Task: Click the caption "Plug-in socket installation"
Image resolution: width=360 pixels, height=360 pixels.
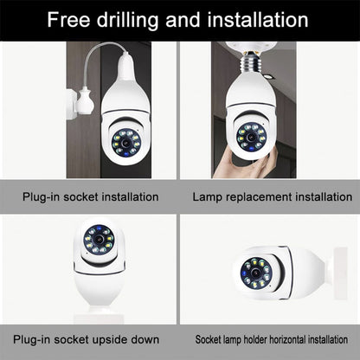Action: coord(90,197)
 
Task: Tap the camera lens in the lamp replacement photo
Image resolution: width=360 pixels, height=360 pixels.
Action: coord(252,134)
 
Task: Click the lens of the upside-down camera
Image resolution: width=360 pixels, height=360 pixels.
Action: coord(99,239)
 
